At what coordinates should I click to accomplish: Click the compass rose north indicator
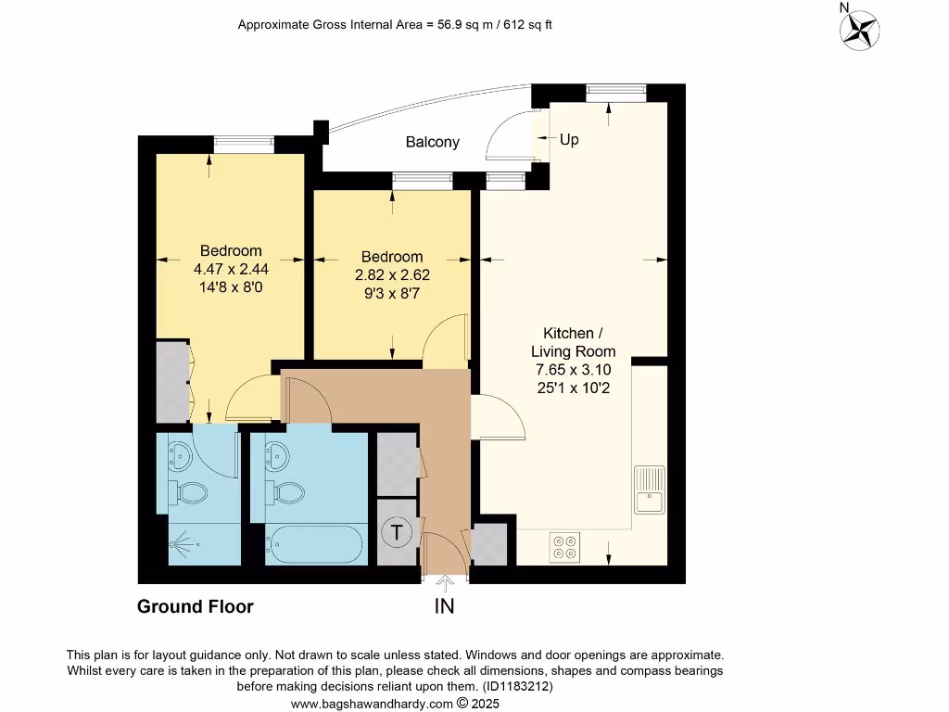(x=859, y=28)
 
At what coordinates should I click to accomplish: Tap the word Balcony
(x=432, y=142)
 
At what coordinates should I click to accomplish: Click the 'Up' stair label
(x=569, y=139)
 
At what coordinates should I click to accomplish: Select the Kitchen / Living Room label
(x=573, y=342)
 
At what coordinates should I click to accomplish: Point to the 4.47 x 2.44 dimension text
(x=231, y=269)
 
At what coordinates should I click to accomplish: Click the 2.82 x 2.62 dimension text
(x=392, y=275)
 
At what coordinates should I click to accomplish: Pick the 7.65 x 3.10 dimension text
(x=573, y=370)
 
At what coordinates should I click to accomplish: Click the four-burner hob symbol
(x=565, y=547)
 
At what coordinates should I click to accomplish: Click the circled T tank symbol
(x=398, y=532)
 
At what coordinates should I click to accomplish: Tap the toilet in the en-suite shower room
(x=191, y=492)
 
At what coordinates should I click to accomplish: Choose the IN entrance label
(x=445, y=607)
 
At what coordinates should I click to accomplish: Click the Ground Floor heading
(x=195, y=607)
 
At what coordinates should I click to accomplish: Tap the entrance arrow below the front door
(x=445, y=583)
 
